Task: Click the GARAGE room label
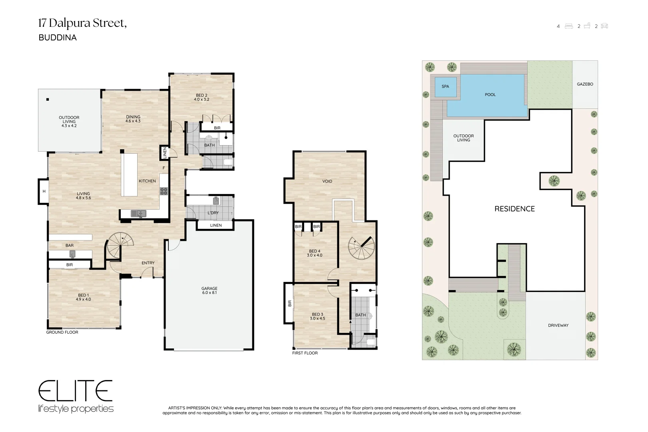(x=209, y=290)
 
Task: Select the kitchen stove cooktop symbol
(x=164, y=191)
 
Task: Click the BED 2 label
(x=201, y=97)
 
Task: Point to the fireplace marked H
(x=43, y=191)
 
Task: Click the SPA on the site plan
(x=446, y=86)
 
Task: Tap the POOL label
(x=490, y=95)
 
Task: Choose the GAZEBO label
(x=585, y=84)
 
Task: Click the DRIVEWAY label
(x=558, y=325)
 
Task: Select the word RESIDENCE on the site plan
(x=514, y=209)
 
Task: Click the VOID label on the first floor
(x=327, y=182)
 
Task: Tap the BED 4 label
(x=314, y=253)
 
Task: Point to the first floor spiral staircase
(x=361, y=248)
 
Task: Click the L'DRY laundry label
(x=213, y=213)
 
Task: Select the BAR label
(x=70, y=245)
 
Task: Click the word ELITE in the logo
(x=76, y=391)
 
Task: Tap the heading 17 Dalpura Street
(x=82, y=23)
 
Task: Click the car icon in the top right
(x=604, y=26)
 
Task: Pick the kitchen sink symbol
(x=138, y=214)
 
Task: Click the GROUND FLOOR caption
(x=62, y=332)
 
